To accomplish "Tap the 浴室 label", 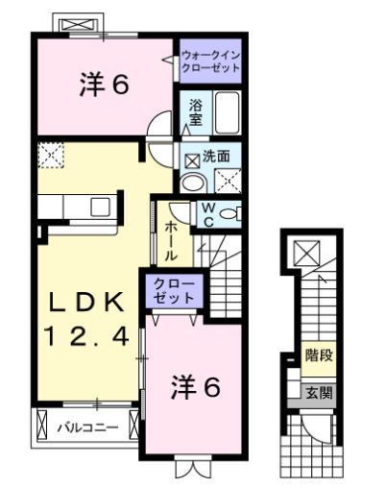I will click(195, 112).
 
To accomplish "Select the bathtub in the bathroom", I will click(228, 113).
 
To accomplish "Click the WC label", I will click(206, 215).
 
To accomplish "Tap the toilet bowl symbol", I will click(229, 214).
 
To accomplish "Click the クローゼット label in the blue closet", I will click(174, 290).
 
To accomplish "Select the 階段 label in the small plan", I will click(319, 355).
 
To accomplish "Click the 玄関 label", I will click(319, 392).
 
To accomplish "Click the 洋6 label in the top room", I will click(104, 85).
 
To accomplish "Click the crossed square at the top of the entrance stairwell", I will click(308, 254).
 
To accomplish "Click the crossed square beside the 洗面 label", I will click(191, 156).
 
